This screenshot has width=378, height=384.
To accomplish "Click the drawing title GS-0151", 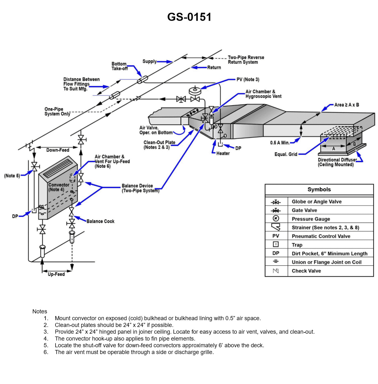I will point(189,17).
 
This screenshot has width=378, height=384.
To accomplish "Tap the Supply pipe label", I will point(149,61).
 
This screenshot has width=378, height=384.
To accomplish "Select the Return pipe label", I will point(214,67).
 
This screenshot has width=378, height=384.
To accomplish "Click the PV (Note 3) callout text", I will point(248,80).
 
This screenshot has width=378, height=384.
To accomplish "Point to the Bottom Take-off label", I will point(119,66).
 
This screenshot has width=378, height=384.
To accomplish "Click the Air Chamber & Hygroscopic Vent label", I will point(263,94).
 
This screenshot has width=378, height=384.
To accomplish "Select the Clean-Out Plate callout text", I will point(159,145).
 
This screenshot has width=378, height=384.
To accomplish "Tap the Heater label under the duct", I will point(223,153).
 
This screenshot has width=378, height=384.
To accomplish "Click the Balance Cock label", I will point(100,221).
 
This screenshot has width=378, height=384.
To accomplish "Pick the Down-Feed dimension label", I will point(58,150).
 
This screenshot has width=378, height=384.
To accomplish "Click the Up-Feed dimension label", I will point(56,274).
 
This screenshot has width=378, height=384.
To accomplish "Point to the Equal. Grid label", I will point(286,154).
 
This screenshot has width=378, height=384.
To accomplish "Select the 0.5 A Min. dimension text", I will point(280,143).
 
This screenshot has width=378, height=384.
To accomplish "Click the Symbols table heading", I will point(319,190).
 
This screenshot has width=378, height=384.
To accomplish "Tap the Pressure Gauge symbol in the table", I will point(276,219).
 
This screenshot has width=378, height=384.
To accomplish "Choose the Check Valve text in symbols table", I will point(306,271).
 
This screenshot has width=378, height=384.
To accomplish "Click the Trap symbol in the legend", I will point(276,244).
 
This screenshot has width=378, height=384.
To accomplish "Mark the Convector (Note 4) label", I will point(59,187).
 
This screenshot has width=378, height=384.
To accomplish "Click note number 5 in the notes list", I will point(46,345).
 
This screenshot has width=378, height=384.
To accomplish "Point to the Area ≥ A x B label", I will point(346,105).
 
